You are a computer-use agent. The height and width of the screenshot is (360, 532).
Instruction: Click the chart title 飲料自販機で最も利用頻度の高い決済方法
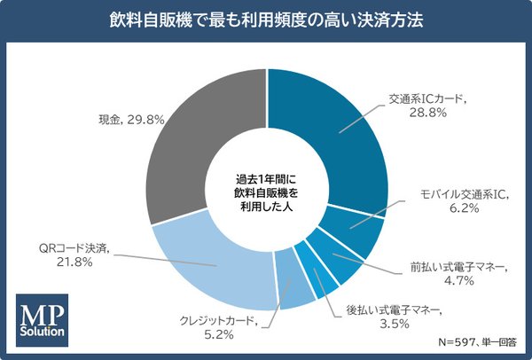[x=266, y=20]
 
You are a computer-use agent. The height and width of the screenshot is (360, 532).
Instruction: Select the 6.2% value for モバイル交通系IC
[x=461, y=209]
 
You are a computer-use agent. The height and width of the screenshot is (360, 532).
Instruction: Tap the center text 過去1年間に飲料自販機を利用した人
[x=266, y=190]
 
